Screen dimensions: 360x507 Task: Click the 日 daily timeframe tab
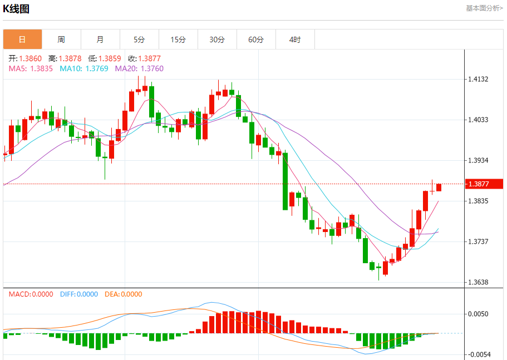[x=22, y=40]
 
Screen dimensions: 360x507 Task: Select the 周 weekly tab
[x=61, y=40]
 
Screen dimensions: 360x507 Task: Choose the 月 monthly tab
[x=100, y=40]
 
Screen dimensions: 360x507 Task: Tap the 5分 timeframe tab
[x=139, y=40]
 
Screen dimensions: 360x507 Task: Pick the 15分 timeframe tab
[x=178, y=40]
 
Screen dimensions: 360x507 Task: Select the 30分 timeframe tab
[x=217, y=40]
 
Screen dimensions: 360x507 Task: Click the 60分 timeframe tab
[x=256, y=40]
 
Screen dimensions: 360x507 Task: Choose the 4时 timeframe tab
[x=295, y=40]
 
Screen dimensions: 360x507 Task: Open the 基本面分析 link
[x=484, y=8]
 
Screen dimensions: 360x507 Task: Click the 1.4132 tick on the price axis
[x=478, y=80]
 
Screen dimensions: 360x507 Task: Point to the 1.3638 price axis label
[x=478, y=282]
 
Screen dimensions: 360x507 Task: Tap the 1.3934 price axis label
[x=478, y=161]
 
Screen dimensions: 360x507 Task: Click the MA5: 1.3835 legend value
[x=31, y=68]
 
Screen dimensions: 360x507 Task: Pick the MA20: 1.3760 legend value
[x=139, y=68]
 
